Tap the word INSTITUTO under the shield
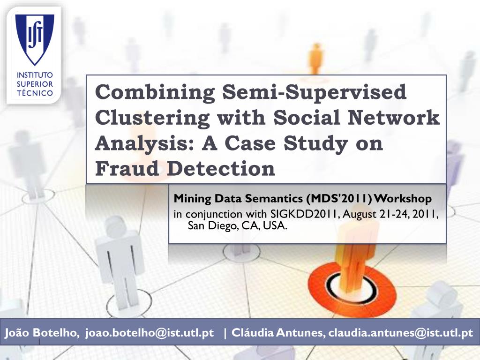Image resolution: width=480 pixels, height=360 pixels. click(35, 75)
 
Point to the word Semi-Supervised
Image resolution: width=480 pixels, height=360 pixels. click(315, 92)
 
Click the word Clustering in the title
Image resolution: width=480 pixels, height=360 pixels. click(152, 118)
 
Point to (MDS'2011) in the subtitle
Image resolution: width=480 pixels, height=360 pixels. click(338, 199)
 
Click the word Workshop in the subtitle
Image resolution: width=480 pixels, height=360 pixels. click(403, 199)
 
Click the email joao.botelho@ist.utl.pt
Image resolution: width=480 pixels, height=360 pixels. click(150, 332)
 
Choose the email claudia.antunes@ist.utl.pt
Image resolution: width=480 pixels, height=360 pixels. click(401, 332)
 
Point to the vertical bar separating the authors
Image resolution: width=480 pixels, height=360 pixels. click(225, 333)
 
